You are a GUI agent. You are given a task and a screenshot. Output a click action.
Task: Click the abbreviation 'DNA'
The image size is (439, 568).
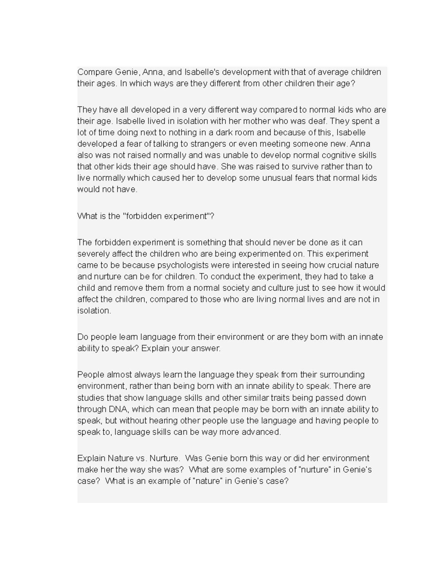click(117, 409)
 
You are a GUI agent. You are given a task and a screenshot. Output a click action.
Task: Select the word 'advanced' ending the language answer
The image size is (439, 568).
click(263, 432)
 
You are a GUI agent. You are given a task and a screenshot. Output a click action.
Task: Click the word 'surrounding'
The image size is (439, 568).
click(342, 375)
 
